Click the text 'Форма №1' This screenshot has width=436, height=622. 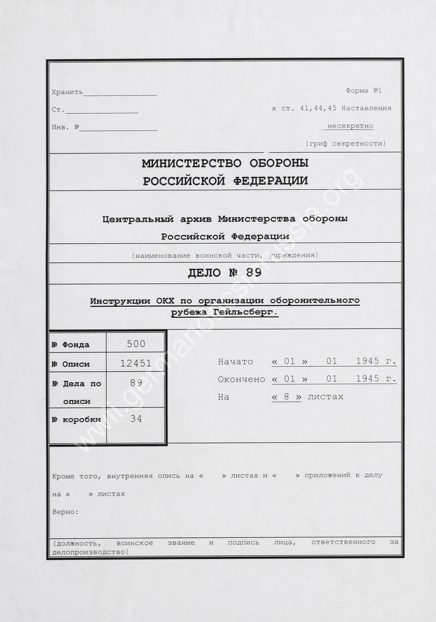pyautogui.click(x=363, y=91)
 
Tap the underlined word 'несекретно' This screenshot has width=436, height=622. pyautogui.click(x=350, y=126)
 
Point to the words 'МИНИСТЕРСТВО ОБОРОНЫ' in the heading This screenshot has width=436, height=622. pyautogui.click(x=225, y=163)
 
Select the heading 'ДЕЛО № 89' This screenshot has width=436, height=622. pyautogui.click(x=225, y=273)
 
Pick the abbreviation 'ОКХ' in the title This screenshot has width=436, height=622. pyautogui.click(x=165, y=301)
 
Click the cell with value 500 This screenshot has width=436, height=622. pyautogui.click(x=136, y=344)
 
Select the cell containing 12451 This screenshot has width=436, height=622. pyautogui.click(x=136, y=363)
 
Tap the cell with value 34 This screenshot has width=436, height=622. pyautogui.click(x=136, y=419)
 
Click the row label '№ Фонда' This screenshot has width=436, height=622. pyautogui.click(x=71, y=345)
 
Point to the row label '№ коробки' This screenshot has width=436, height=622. pyautogui.click(x=76, y=419)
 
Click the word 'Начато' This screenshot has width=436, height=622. pyautogui.click(x=236, y=361)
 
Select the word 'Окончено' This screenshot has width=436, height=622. pyautogui.click(x=241, y=379)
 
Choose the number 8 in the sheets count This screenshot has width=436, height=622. pyautogui.click(x=286, y=397)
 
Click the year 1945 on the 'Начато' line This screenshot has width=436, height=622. pyautogui.click(x=368, y=361)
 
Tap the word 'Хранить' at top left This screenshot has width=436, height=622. pyautogui.click(x=67, y=92)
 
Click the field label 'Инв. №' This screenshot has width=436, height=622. pyautogui.click(x=65, y=127)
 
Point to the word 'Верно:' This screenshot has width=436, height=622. pyautogui.click(x=65, y=512)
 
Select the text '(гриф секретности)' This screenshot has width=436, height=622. pyautogui.click(x=345, y=144)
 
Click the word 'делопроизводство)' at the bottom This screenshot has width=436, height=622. pyautogui.click(x=90, y=552)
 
